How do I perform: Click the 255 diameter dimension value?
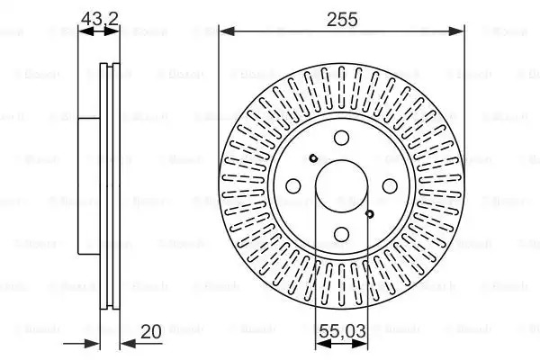(x=342, y=19)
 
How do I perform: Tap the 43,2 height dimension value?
(x=100, y=19)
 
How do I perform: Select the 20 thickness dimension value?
(x=151, y=332)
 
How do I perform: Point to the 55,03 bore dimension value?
(x=342, y=331)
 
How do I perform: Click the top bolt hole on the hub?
(x=341, y=138)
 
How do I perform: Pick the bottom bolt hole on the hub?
(x=341, y=235)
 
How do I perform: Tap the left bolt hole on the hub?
(x=293, y=186)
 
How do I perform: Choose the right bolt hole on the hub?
(x=390, y=186)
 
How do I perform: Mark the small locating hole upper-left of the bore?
(x=313, y=158)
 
